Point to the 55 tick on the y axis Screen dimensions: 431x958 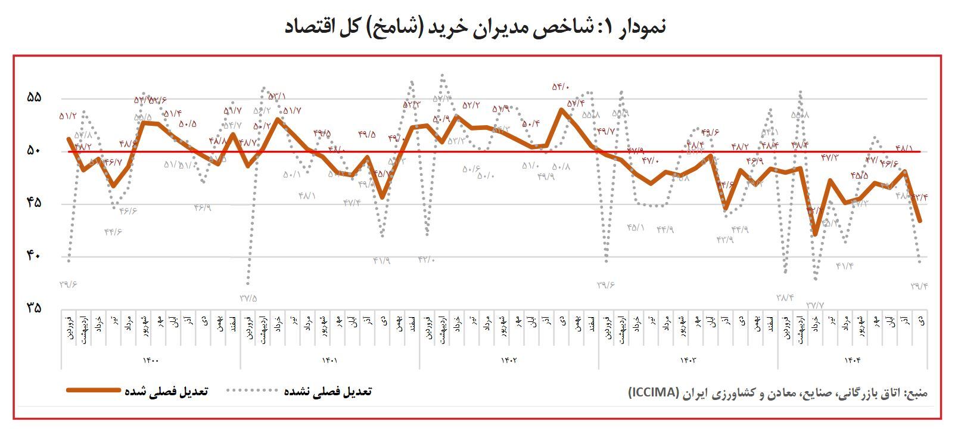pyautogui.click(x=34, y=98)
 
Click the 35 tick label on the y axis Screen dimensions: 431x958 pyautogui.click(x=34, y=308)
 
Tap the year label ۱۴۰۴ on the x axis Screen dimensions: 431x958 pyautogui.click(x=853, y=359)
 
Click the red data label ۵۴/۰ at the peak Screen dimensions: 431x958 pyautogui.click(x=561, y=87)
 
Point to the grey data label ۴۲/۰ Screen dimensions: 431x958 pyautogui.click(x=427, y=259)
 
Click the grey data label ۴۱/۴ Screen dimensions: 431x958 pyautogui.click(x=845, y=266)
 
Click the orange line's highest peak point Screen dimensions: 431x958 pyautogui.click(x=561, y=109)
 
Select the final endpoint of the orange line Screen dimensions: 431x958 pyautogui.click(x=920, y=221)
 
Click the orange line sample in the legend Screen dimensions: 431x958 pyautogui.click(x=94, y=390)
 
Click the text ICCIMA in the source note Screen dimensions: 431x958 pyautogui.click(x=654, y=392)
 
